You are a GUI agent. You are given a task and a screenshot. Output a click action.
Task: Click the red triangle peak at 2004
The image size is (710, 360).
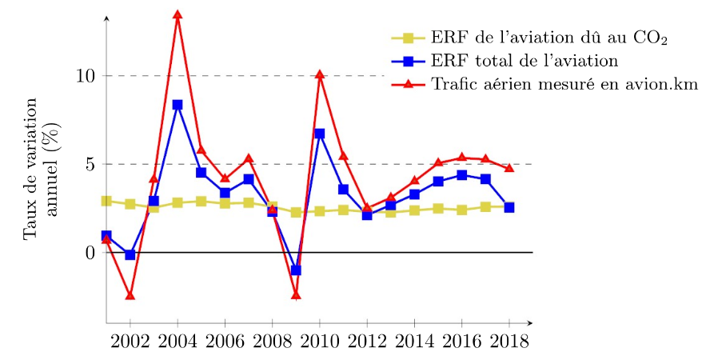click(x=177, y=15)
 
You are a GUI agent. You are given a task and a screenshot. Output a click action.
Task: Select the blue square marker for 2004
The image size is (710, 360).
click(x=177, y=105)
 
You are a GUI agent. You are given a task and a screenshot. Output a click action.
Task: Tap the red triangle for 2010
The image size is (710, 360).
click(x=320, y=75)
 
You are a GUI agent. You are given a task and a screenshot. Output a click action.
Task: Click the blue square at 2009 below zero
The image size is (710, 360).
click(x=296, y=270)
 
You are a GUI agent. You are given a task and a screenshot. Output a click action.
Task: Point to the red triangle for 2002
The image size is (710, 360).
click(x=130, y=296)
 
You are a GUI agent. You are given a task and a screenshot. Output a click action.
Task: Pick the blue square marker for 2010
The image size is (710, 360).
click(x=320, y=134)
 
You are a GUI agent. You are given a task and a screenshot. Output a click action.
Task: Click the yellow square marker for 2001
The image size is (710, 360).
click(x=106, y=201)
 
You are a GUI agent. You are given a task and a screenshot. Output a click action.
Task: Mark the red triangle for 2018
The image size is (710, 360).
click(x=509, y=168)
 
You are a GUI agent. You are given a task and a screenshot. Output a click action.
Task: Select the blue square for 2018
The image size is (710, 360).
click(x=509, y=207)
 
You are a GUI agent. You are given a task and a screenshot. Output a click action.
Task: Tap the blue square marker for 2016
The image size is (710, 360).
click(x=461, y=175)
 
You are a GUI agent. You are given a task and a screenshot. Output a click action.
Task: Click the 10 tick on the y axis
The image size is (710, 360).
click(x=86, y=76)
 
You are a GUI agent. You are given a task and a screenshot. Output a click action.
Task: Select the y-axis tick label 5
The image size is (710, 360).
click(x=90, y=164)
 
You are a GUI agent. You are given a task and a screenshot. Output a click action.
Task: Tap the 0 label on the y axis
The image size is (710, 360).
click(x=90, y=253)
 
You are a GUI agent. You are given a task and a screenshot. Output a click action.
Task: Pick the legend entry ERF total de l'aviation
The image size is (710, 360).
click(x=524, y=60)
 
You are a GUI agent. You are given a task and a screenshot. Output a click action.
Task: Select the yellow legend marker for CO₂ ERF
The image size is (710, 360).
click(x=409, y=37)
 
